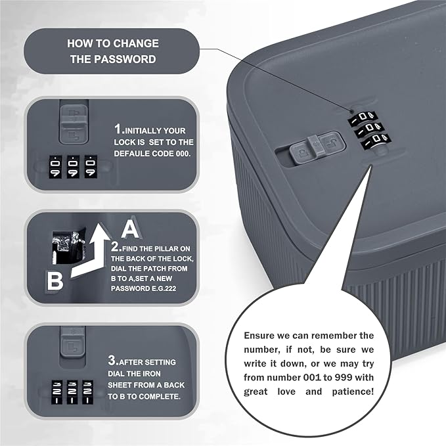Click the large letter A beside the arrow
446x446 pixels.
pos(130,229)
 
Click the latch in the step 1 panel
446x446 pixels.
pos(70,121)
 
